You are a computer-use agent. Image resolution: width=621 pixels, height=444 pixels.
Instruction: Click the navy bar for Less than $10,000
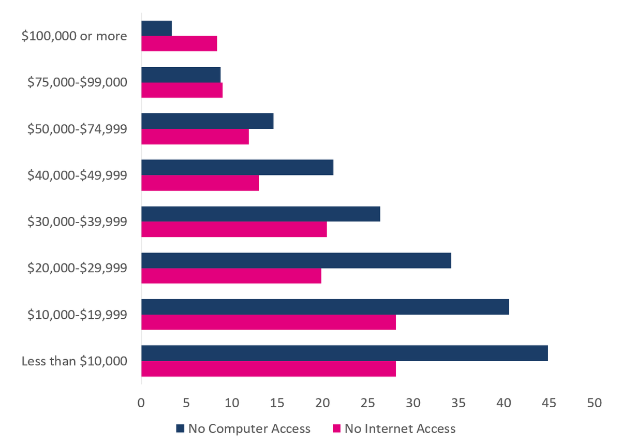(x=344, y=353)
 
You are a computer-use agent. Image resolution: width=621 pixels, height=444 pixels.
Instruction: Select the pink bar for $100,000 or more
(x=179, y=43)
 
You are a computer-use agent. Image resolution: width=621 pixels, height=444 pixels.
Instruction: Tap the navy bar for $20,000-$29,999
(x=296, y=260)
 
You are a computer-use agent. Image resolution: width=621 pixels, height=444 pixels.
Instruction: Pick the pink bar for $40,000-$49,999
(x=200, y=183)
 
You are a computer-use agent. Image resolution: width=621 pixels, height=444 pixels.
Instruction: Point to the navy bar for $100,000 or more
(x=156, y=28)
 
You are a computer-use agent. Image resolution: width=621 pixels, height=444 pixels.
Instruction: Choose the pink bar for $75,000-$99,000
(x=182, y=90)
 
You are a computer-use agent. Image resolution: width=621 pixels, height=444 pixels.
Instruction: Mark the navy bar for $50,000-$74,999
(x=207, y=121)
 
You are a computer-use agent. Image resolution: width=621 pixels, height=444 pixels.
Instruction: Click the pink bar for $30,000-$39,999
(x=234, y=229)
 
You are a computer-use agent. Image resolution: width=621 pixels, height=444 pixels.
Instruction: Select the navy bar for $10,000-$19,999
(x=325, y=307)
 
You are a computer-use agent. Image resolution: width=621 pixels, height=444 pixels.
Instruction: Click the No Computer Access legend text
(x=249, y=428)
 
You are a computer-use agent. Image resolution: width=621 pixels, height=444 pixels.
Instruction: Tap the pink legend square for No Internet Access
(x=336, y=428)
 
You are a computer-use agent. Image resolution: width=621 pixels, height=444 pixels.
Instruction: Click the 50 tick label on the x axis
(x=595, y=403)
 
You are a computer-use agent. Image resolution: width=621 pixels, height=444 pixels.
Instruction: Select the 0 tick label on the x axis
(x=141, y=403)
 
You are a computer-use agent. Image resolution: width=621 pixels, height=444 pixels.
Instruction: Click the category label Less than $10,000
(x=75, y=361)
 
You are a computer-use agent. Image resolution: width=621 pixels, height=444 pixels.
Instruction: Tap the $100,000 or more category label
(x=75, y=36)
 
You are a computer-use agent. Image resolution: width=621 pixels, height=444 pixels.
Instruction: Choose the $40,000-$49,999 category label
(x=78, y=175)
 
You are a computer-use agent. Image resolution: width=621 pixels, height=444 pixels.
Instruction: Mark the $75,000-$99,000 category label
(x=78, y=82)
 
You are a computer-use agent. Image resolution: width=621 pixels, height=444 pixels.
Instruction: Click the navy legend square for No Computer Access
(x=180, y=428)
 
